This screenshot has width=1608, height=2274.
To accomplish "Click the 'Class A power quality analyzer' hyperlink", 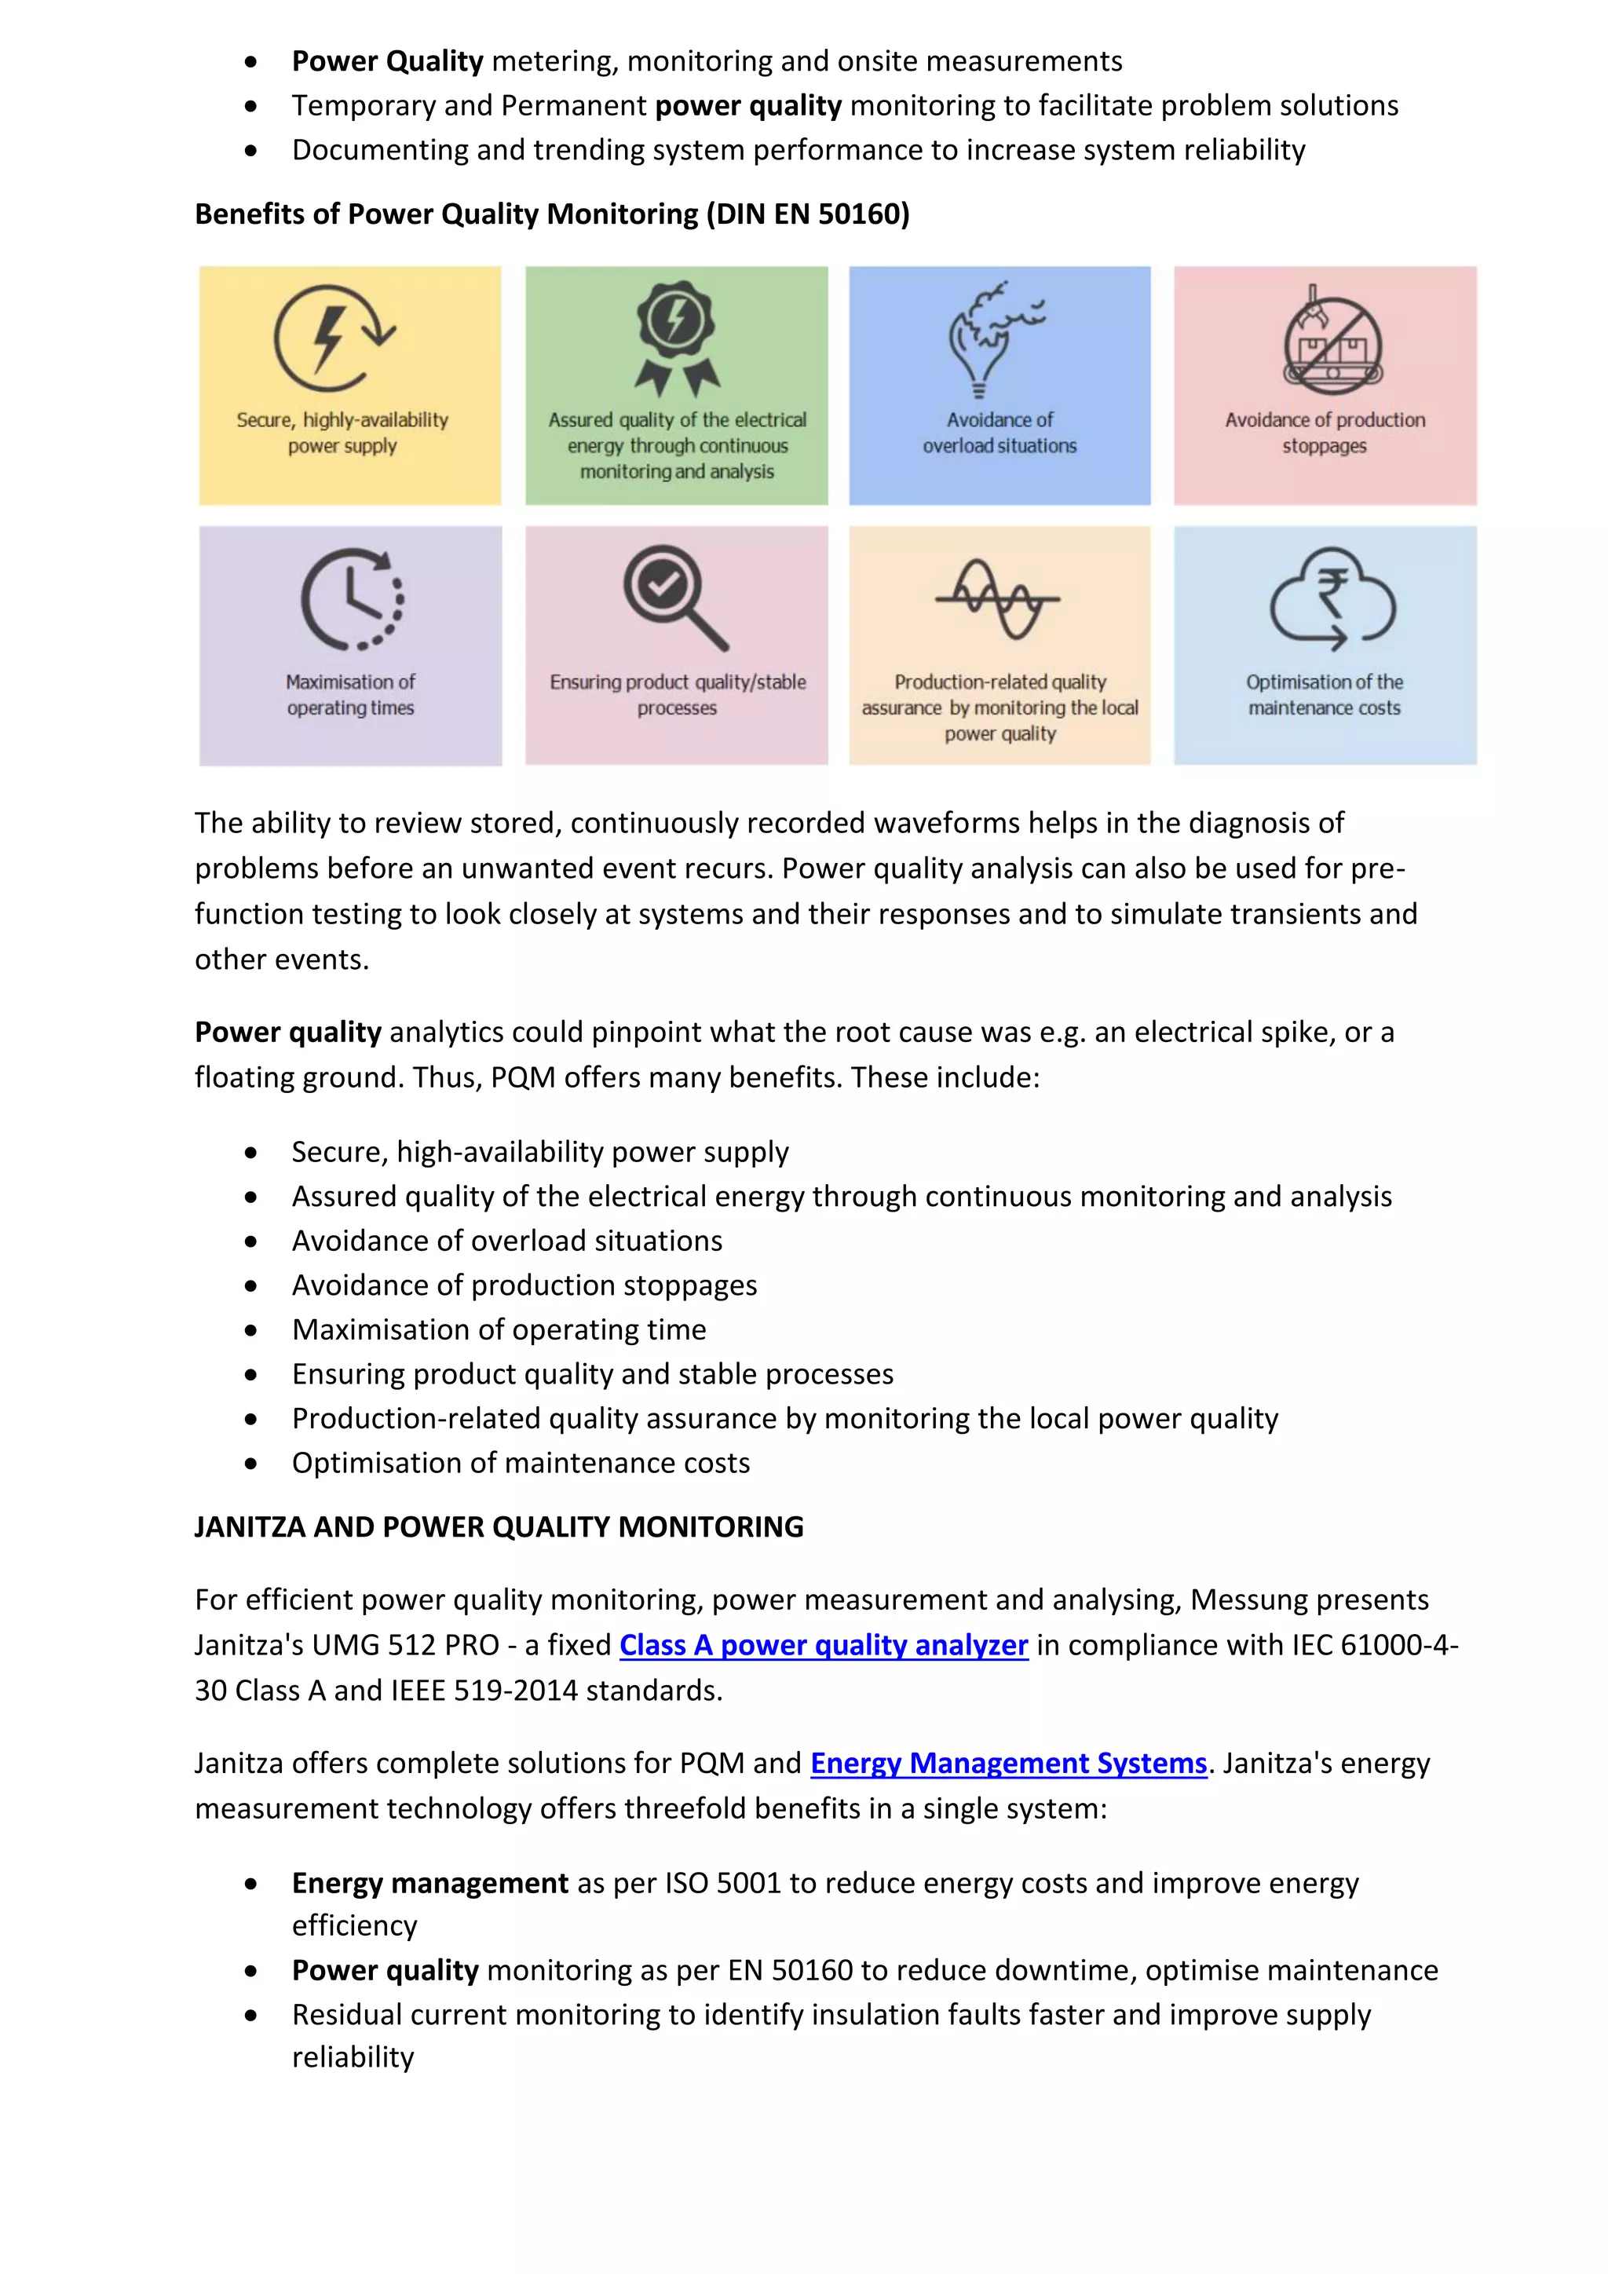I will point(823,1645).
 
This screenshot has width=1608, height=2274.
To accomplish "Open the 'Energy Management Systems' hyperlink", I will point(1008,1763).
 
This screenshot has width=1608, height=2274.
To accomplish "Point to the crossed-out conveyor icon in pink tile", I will point(1332,342).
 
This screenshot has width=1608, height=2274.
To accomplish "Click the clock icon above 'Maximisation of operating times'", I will point(352,598).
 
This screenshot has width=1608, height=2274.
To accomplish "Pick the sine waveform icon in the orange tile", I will point(997,598).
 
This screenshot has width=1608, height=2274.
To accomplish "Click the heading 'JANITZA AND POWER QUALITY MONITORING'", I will point(499,1527).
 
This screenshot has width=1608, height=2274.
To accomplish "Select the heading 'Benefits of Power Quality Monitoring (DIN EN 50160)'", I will point(551,214).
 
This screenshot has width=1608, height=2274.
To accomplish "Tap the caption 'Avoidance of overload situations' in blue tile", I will point(999,433).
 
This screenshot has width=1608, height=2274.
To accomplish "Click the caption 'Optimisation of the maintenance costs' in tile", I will point(1324,694).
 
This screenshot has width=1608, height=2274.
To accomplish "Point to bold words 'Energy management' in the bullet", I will point(429,1883).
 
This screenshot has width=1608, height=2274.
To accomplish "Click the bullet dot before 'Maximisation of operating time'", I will point(251,1330).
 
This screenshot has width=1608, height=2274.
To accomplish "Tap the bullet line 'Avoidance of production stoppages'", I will point(524,1285).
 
